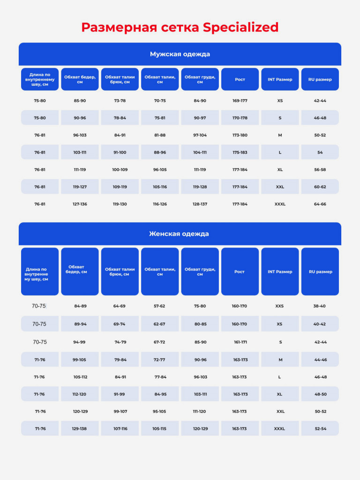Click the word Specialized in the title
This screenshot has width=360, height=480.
pyautogui.click(x=240, y=28)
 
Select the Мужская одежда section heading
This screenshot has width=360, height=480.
pyautogui.click(x=180, y=54)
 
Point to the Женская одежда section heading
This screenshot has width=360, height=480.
pyautogui.click(x=179, y=234)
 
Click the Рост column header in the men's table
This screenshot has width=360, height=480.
pyautogui.click(x=240, y=80)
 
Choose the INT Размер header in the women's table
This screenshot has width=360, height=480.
pyautogui.click(x=280, y=272)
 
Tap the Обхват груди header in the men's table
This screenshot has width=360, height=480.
pyautogui.click(x=200, y=80)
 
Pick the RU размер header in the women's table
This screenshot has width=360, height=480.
pyautogui.click(x=321, y=272)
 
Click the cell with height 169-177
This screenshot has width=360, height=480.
pyautogui.click(x=240, y=101)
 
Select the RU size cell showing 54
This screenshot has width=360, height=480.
pyautogui.click(x=320, y=152)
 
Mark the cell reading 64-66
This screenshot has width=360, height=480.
pyautogui.click(x=320, y=204)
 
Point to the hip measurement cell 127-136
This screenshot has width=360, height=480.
pyautogui.click(x=80, y=204)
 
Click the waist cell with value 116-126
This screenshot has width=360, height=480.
pyautogui.click(x=160, y=204)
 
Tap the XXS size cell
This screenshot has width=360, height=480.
pyautogui.click(x=279, y=306)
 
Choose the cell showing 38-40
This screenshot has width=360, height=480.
pyautogui.click(x=319, y=306)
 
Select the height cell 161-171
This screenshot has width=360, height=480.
pyautogui.click(x=240, y=342)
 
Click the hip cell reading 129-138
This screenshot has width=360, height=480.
pyautogui.click(x=79, y=429)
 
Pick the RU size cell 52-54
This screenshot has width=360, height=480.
pyautogui.click(x=321, y=429)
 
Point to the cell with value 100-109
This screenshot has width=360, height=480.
pyautogui.click(x=120, y=170)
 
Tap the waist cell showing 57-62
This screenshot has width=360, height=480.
pyautogui.click(x=159, y=306)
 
